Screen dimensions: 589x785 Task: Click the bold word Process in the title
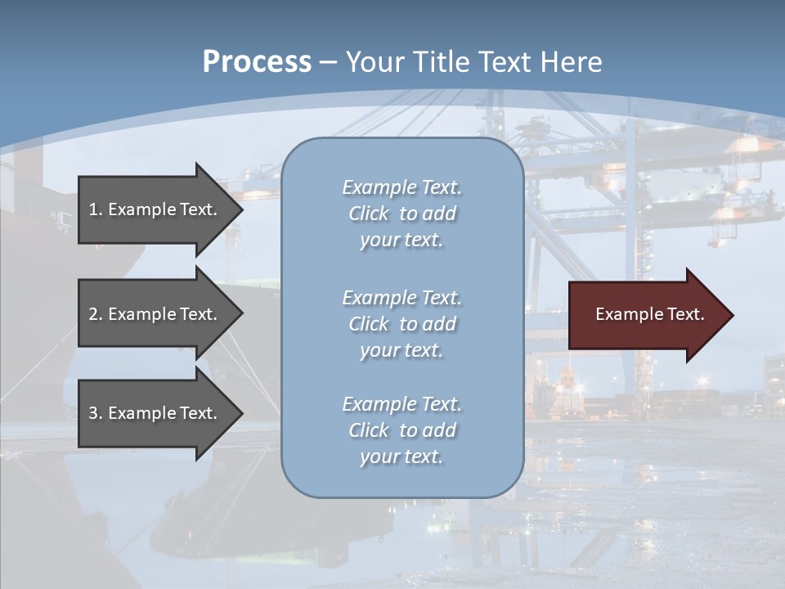(257, 62)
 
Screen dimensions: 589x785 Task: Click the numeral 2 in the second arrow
(93, 314)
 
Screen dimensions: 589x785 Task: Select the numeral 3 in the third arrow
(93, 413)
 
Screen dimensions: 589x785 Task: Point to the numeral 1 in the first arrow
(93, 209)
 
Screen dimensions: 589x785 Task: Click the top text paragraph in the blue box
(401, 214)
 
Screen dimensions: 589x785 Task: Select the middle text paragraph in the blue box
(401, 324)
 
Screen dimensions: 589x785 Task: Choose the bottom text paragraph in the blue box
(401, 430)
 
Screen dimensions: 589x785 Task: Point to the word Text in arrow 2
(195, 314)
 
